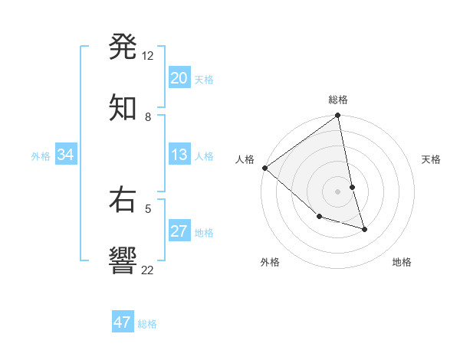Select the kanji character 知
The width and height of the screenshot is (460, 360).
123,106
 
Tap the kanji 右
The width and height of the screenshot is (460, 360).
123,200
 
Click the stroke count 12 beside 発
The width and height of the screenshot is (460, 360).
148,56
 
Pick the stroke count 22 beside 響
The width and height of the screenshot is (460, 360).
148,270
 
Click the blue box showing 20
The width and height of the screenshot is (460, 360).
179,78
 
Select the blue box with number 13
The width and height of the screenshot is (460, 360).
179,155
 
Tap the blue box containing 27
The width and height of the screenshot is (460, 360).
179,232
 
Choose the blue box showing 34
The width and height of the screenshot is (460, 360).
66,155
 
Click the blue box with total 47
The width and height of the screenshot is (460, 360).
123,322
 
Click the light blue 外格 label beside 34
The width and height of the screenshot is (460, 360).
41,156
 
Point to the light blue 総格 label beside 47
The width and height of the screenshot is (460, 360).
147,324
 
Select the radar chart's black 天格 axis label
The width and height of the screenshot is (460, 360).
432,159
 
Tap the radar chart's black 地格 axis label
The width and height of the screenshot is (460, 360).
402,262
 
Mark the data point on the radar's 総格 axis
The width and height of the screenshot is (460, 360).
338,116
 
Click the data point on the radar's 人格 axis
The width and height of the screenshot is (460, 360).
264,168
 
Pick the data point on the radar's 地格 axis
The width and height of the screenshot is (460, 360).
364,229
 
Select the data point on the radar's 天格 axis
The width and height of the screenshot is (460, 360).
353,187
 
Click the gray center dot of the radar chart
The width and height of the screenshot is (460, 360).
338,191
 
